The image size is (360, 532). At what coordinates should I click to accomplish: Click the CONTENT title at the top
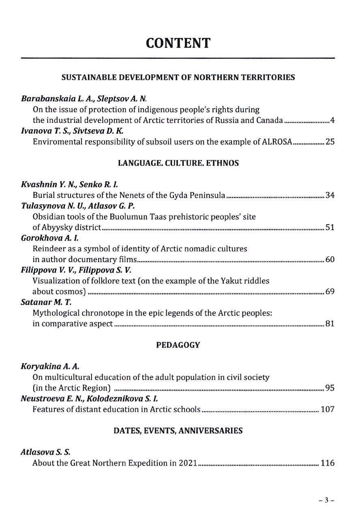click(x=178, y=43)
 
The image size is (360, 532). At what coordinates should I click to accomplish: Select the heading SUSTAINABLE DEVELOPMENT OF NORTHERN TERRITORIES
click(x=178, y=77)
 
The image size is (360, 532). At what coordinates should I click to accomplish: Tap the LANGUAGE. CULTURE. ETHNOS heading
click(x=178, y=163)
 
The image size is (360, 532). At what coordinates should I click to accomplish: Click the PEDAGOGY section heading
click(x=178, y=345)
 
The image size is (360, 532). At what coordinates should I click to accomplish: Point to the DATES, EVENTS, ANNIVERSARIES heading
click(x=178, y=431)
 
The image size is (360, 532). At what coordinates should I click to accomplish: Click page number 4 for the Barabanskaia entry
click(x=332, y=120)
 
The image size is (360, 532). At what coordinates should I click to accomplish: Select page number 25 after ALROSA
click(x=330, y=142)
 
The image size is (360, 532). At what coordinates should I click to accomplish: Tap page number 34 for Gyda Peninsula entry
click(x=330, y=196)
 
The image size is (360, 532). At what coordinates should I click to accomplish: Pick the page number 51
click(x=330, y=227)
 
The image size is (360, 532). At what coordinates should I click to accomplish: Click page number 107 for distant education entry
click(x=328, y=409)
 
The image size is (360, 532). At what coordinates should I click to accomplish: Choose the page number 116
click(x=328, y=463)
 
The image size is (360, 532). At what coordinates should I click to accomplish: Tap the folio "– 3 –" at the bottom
click(x=326, y=500)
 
